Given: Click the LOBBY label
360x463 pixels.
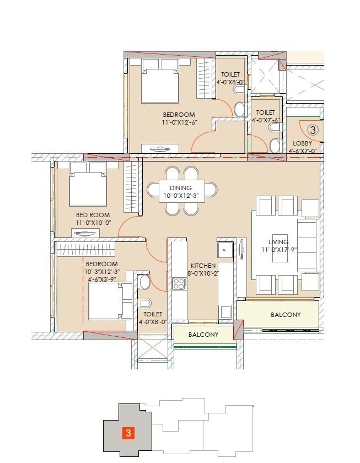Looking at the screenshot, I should [303, 143].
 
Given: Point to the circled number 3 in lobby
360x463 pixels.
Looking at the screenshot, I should [312, 130].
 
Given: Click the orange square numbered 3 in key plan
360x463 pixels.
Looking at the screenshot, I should [128, 433].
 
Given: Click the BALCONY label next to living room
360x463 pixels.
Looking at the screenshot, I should [286, 315].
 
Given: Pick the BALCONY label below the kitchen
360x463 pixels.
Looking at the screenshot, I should [203, 335].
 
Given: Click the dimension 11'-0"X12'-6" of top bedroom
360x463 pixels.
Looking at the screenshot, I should [179, 122].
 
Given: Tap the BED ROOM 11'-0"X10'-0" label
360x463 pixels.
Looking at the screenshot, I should [93, 215].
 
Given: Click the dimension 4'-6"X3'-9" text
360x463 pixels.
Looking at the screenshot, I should [101, 279].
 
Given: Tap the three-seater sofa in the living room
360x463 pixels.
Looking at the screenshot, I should [307, 245].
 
